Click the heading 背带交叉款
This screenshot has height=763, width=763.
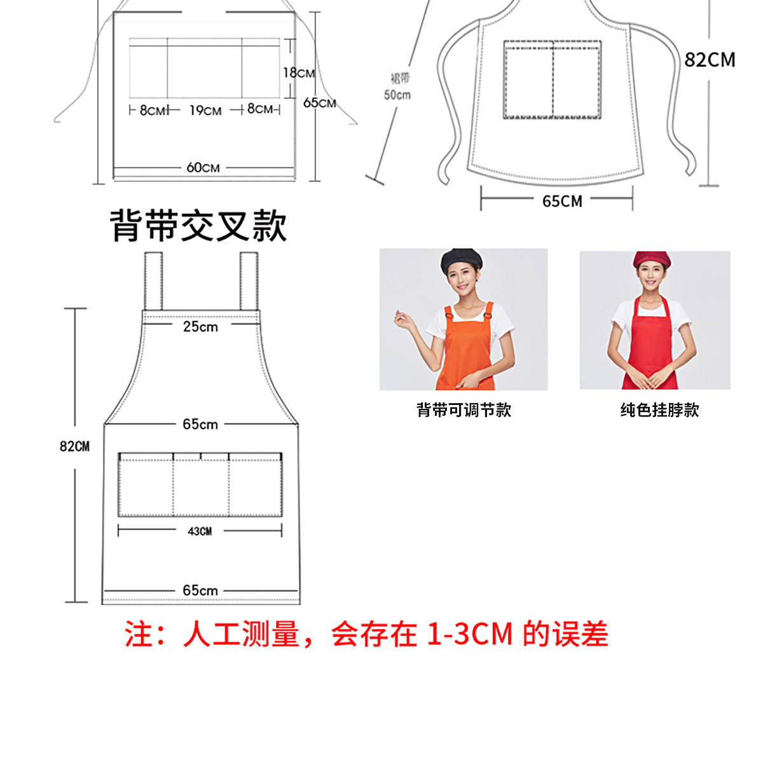point(198,226)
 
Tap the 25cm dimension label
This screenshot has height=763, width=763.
point(200,327)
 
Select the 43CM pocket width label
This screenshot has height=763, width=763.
point(200,531)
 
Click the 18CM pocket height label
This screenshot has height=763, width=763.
point(298,73)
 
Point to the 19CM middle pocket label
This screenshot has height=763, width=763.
point(205,111)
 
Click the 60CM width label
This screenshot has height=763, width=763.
point(203,168)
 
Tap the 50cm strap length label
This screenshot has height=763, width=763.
point(397,95)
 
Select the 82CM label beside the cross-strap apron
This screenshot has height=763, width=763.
point(74,446)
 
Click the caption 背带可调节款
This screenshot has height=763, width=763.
point(464,410)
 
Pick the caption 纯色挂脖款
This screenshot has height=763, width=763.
point(659,410)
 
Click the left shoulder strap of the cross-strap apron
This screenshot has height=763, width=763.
point(153,281)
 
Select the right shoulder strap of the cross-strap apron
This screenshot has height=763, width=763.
point(249,281)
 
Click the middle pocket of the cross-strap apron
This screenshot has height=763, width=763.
point(201,486)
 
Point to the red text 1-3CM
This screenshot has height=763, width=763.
point(469,634)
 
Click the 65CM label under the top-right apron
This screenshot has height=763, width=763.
point(562,202)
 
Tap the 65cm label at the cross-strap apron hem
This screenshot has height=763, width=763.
point(200,591)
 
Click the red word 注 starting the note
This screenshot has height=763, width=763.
point(139,634)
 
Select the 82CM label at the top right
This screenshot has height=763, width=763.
point(710,60)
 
